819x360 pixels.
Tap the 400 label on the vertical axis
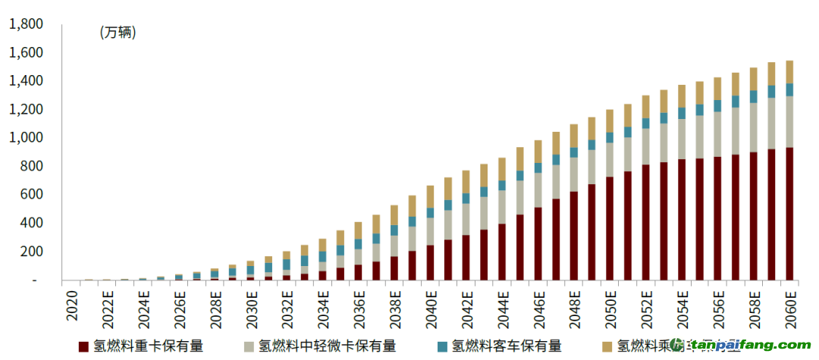click(33, 224)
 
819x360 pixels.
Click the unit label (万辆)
click(118, 33)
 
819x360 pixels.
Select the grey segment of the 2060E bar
click(789, 121)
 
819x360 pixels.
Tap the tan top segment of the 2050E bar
click(610, 121)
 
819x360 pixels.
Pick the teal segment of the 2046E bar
click(538, 167)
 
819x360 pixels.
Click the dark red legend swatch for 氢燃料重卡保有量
click(84, 346)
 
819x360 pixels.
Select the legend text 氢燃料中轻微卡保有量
click(327, 346)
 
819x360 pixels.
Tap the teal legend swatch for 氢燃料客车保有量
click(442, 346)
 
